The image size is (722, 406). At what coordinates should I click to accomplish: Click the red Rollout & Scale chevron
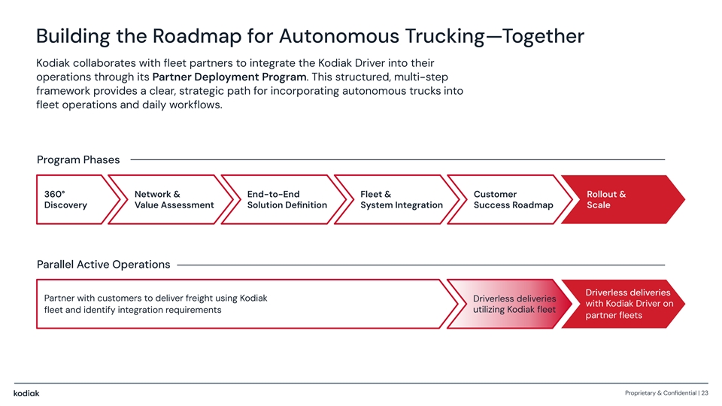(617, 200)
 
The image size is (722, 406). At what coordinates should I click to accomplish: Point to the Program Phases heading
(78, 159)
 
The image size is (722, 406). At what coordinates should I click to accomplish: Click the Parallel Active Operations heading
(103, 265)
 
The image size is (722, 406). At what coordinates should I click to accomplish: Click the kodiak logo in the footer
(26, 393)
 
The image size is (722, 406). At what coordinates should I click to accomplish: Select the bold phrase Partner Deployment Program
(229, 76)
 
